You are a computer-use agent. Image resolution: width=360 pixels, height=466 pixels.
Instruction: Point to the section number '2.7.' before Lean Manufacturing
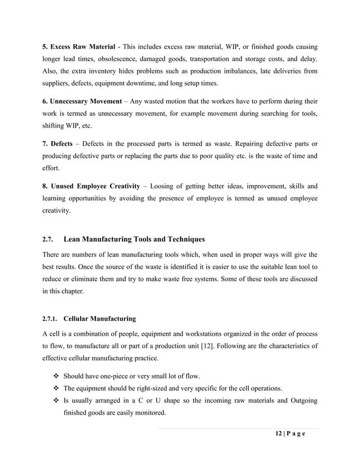click(49, 240)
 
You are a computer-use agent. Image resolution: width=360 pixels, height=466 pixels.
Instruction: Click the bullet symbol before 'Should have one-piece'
click(55, 376)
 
